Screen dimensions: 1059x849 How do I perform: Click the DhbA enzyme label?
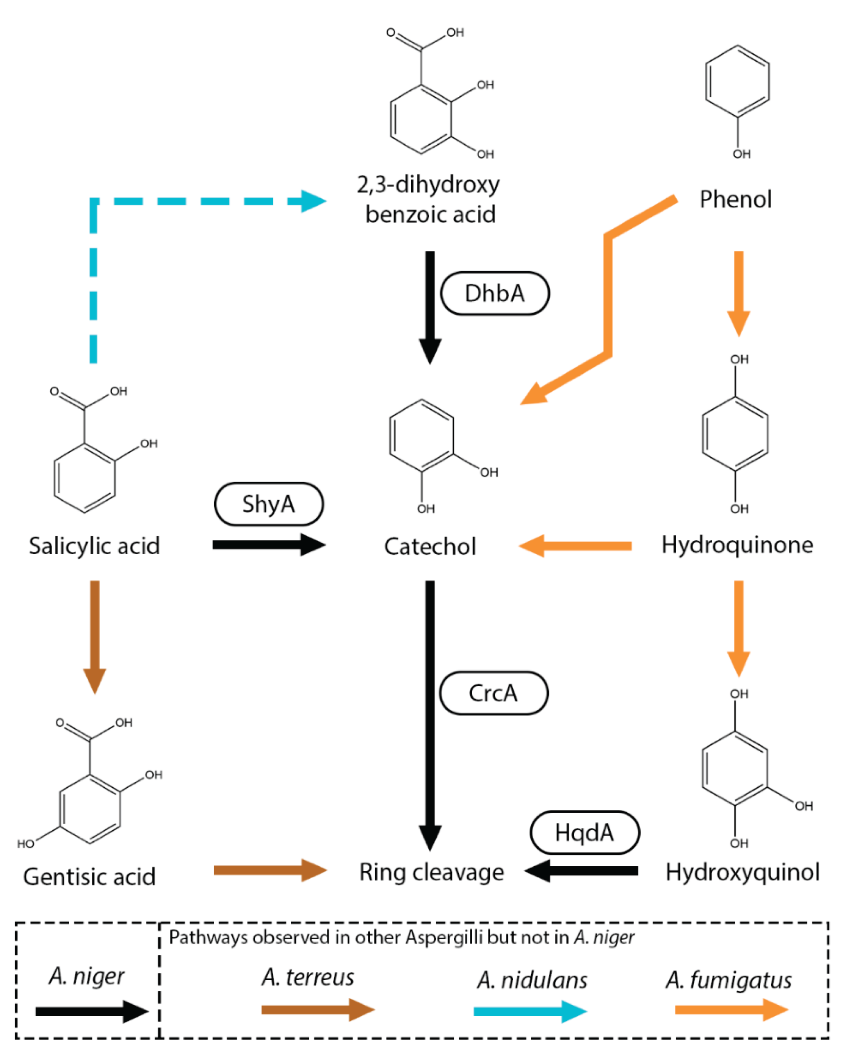pos(495,293)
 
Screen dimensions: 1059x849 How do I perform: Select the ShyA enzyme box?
pos(269,504)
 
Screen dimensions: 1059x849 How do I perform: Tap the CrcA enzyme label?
pos(493,693)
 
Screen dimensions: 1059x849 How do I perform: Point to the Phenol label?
pos(736,199)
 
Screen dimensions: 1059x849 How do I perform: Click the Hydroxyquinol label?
pos(742,872)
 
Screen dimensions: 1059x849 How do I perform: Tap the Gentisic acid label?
pos(89,877)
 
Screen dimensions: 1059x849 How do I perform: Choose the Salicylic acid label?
pos(94,546)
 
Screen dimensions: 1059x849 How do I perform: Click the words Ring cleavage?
pos(431,872)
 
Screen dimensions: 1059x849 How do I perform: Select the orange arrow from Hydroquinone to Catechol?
pos(575,546)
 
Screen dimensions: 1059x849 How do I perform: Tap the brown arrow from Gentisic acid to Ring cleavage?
pos(270,870)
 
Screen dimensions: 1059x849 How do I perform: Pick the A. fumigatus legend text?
pos(728,981)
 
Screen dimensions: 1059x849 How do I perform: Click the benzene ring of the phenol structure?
pos(737,81)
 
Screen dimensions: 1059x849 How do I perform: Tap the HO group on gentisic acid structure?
pos(26,844)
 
